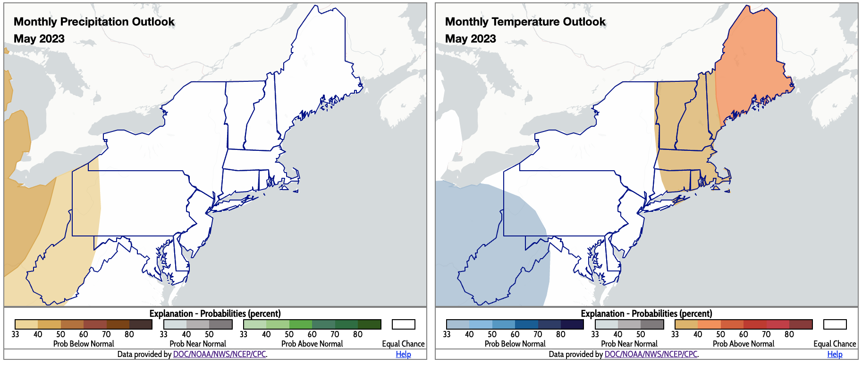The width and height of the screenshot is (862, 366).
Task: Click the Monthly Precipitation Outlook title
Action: [94, 22]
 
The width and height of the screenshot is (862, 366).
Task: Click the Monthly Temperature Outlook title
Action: [525, 22]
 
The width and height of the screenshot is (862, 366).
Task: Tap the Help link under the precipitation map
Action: [403, 354]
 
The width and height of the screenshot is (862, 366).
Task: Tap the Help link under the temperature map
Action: [835, 354]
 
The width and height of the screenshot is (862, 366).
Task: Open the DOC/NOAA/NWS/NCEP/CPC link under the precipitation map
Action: [220, 354]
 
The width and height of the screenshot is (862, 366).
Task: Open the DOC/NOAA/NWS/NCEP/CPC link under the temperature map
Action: [651, 354]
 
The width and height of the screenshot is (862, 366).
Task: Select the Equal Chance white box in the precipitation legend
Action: [403, 324]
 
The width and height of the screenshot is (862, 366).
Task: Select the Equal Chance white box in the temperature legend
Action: [835, 324]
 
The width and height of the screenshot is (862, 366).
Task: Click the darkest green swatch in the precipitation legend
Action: [369, 324]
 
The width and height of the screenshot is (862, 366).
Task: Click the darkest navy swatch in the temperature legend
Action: [572, 324]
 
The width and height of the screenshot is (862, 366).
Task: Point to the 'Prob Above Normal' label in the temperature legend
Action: [744, 344]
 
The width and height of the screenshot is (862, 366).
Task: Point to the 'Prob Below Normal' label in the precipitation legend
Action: [84, 344]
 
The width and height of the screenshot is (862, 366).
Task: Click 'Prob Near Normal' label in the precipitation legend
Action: [198, 344]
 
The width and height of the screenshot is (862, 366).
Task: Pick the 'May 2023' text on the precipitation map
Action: [39, 39]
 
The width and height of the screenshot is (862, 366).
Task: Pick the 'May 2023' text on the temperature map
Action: [471, 39]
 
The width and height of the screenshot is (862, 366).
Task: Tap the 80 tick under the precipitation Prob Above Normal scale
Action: [358, 334]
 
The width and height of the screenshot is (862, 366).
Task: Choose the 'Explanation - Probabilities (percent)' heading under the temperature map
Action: [646, 314]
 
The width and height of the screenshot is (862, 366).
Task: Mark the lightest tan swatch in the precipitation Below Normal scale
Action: [26, 324]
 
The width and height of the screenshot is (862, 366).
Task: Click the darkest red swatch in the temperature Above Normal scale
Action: [801, 324]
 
